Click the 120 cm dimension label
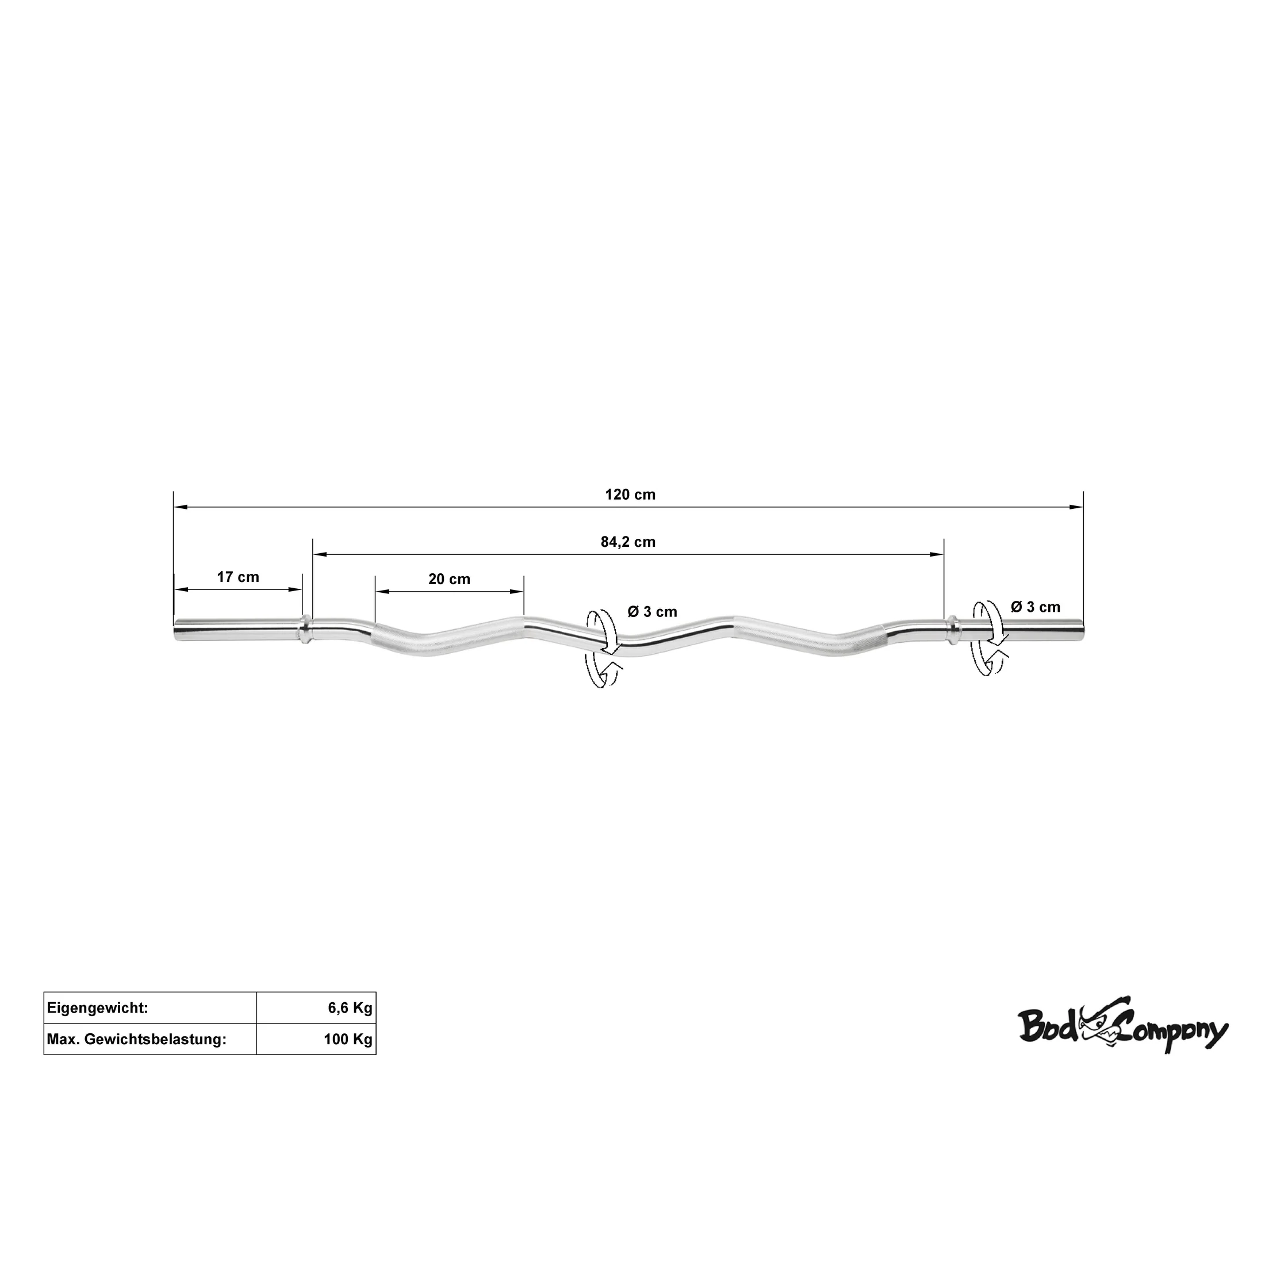pos(630,495)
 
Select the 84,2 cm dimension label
pos(628,542)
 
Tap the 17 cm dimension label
pos(238,577)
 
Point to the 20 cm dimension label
pos(449,580)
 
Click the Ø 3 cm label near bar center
pos(652,612)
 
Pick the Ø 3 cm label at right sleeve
pos(1035,607)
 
